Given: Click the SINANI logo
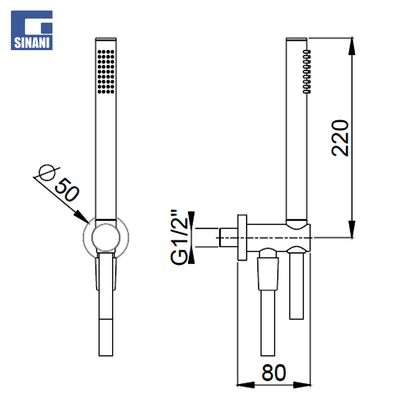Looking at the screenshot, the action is pyautogui.click(x=31, y=30).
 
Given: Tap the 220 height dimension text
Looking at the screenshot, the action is pyautogui.click(x=340, y=138).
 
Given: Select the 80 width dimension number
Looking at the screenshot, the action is pyautogui.click(x=274, y=372).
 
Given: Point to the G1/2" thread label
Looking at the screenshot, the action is pyautogui.click(x=179, y=237).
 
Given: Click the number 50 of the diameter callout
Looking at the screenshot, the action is pyautogui.click(x=67, y=190).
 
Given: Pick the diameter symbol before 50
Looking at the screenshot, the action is pyautogui.click(x=47, y=173).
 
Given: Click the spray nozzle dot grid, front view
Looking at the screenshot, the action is pyautogui.click(x=106, y=72).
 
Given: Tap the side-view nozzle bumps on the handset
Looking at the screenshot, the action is pyautogui.click(x=307, y=72).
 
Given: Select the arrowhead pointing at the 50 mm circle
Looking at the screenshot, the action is pyautogui.click(x=81, y=217).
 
